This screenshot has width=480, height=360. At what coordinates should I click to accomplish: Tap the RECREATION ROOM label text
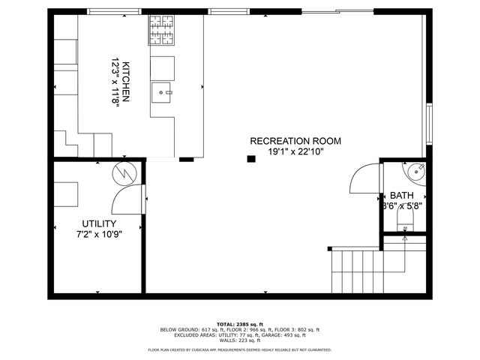295,141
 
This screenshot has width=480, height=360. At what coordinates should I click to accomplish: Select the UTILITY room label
99,223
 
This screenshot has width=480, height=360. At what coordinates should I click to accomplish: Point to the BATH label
401,195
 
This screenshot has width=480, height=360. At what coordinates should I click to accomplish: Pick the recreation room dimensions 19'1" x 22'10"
295,151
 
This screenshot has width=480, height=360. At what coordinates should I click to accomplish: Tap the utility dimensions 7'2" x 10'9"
99,234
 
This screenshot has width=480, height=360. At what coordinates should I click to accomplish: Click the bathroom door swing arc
362,180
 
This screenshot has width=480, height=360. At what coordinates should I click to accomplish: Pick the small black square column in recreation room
252,157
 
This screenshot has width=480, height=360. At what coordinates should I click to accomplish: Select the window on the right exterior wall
430,124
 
